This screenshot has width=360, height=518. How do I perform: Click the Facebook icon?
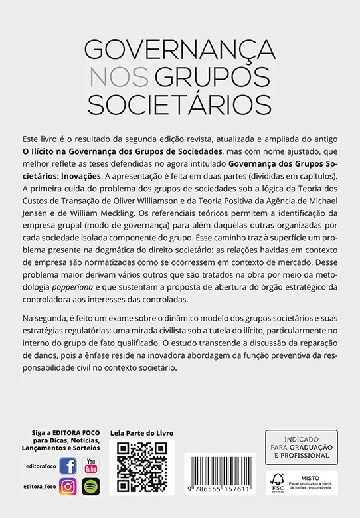tap(68, 465)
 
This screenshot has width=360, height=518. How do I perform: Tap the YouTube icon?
tap(90, 465)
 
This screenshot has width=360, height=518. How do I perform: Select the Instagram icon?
tap(68, 487)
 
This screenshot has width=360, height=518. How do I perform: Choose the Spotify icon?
tap(90, 487)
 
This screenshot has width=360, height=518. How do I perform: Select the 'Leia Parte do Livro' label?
tap(141, 433)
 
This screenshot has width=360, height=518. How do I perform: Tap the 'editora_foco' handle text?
tap(39, 488)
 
